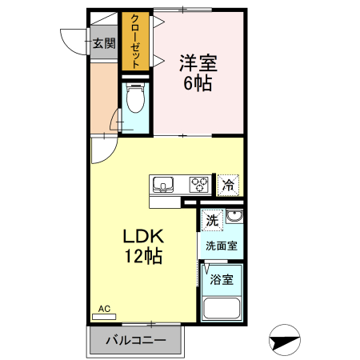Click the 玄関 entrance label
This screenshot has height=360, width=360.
tap(103, 43)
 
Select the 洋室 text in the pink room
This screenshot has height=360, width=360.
tap(198, 62)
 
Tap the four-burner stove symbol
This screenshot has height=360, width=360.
tap(199, 185)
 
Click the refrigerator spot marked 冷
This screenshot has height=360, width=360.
tap(228, 185)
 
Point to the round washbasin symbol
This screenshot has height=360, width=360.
tap(234, 218)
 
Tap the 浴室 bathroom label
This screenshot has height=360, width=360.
tap(221, 280)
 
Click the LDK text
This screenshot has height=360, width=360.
tap(143, 238)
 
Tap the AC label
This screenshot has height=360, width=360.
tap(103, 308)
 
